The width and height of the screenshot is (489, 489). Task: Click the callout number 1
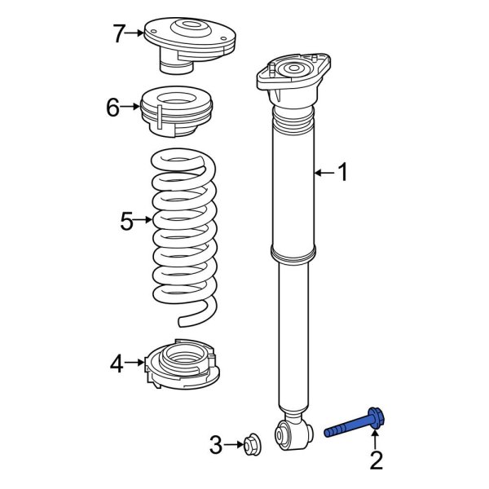(342, 172)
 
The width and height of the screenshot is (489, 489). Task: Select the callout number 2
(376, 461)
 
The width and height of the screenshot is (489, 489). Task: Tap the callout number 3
(215, 445)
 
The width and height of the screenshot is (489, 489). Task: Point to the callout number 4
(117, 363)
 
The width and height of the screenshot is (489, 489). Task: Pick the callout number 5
(126, 220)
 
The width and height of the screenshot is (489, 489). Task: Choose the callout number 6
(112, 107)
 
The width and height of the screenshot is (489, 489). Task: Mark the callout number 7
(119, 33)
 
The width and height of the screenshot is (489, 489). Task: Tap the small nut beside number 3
(251, 444)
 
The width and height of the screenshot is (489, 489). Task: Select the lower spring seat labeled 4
(181, 365)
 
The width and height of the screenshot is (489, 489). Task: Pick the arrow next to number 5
(144, 220)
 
